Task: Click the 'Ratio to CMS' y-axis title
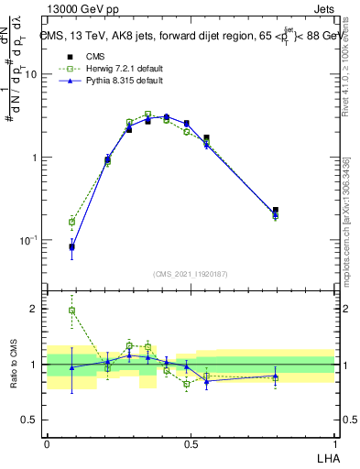(x=14, y=364)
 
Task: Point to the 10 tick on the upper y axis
(x=33, y=74)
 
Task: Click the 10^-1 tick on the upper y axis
(x=29, y=240)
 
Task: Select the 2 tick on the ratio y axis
(x=37, y=309)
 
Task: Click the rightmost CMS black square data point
(x=276, y=211)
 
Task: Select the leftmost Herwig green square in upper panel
(x=71, y=222)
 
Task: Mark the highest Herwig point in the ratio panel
(x=71, y=311)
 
